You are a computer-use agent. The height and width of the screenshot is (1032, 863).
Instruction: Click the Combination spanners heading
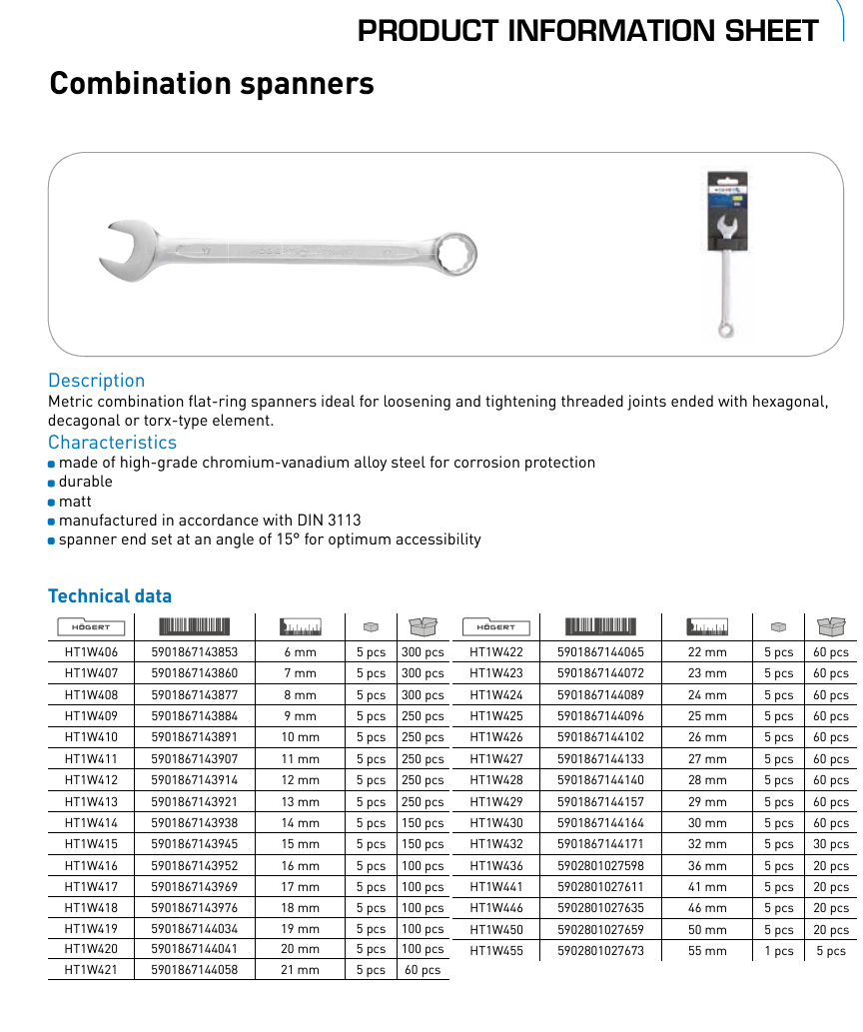(212, 83)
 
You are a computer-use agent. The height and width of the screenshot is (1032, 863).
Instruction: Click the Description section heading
(96, 381)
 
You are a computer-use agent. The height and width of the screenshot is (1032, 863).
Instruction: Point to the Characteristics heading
(112, 443)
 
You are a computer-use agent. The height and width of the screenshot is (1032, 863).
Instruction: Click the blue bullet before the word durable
(52, 483)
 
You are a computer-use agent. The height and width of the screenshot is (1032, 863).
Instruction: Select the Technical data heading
(110, 596)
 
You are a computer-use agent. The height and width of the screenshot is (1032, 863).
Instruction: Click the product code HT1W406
(91, 652)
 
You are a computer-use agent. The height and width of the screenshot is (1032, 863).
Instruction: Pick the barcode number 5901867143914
(195, 781)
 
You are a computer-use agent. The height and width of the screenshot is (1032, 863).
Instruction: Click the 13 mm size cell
(300, 802)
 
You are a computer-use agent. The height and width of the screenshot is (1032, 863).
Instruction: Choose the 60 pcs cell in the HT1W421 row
(423, 970)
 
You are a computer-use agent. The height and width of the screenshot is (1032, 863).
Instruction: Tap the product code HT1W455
(496, 951)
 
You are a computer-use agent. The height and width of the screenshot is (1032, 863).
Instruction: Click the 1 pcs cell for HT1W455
(778, 951)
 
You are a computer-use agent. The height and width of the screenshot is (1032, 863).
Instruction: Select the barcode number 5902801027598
(600, 866)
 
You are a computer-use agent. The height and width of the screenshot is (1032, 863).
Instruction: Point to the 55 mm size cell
(707, 951)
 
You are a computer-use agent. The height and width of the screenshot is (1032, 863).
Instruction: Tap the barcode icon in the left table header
(195, 627)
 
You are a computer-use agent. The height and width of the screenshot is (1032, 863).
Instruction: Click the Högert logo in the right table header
(496, 627)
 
